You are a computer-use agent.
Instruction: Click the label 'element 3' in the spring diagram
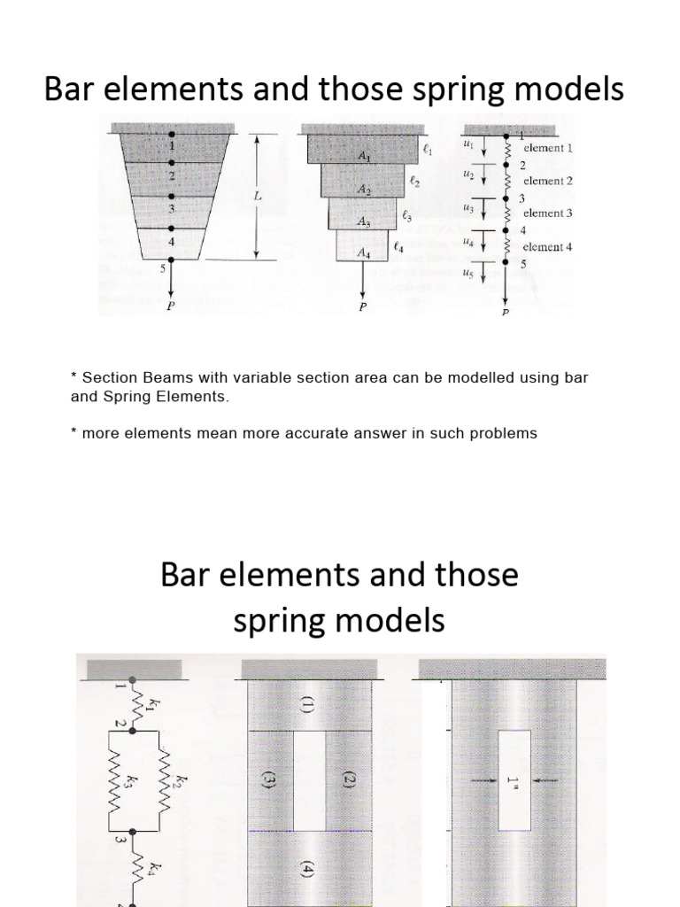click(547, 213)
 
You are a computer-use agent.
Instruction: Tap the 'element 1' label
click(548, 149)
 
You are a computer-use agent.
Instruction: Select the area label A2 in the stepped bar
click(364, 190)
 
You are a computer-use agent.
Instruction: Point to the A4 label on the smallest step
click(364, 253)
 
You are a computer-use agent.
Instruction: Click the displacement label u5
click(467, 273)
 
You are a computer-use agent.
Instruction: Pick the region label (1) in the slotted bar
click(307, 706)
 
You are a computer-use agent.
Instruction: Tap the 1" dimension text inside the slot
click(513, 780)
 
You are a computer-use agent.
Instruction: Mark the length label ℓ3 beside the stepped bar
click(407, 214)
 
